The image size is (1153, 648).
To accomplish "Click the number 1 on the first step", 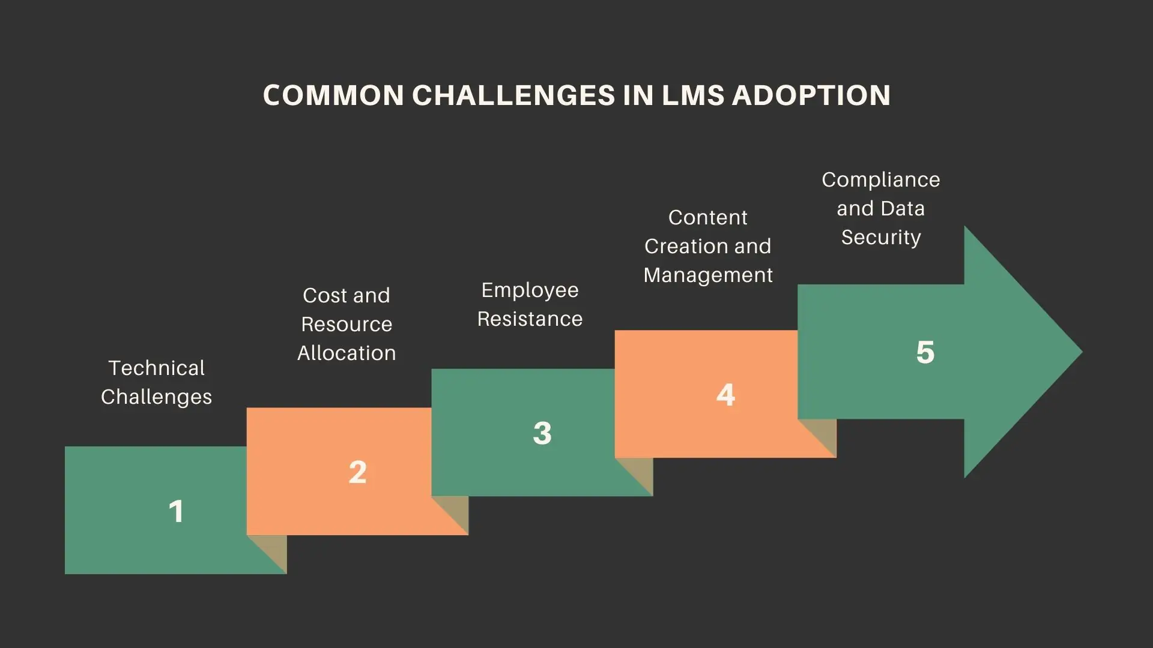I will click(176, 512).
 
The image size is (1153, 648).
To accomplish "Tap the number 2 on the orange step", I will click(358, 472).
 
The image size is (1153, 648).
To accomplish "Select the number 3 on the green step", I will click(542, 433).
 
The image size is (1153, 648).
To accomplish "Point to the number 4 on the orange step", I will click(726, 395).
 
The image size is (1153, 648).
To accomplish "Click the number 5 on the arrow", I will click(925, 352).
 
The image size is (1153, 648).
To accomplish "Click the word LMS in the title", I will click(693, 95).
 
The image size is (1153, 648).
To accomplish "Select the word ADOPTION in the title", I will click(811, 95).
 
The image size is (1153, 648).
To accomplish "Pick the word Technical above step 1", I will click(157, 368).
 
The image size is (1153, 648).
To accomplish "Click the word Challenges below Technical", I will click(157, 397).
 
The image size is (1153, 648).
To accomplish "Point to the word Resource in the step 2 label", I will click(347, 325).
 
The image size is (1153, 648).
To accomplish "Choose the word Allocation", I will click(347, 353).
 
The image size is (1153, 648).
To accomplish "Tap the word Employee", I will click(530, 290).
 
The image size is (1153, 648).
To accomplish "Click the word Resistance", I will click(530, 319).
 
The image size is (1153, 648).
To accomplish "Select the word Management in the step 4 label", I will click(708, 275).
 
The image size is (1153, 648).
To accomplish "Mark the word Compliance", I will click(881, 180).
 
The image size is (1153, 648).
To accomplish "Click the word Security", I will click(881, 238).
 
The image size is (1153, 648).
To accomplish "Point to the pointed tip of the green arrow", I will click(1079, 352).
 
